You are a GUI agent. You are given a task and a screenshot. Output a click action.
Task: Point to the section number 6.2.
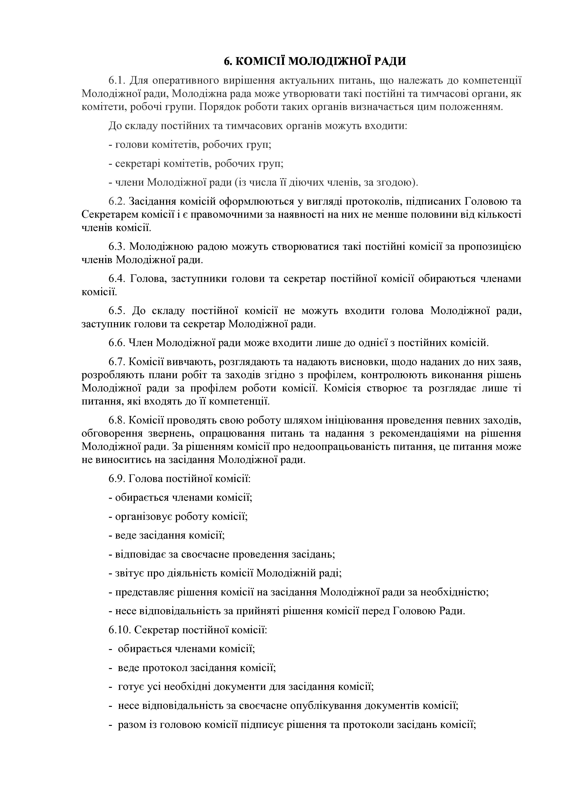pos(117,201)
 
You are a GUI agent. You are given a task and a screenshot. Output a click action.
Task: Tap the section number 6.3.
pos(117,247)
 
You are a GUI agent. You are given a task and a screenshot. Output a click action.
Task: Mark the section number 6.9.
pos(117,478)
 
